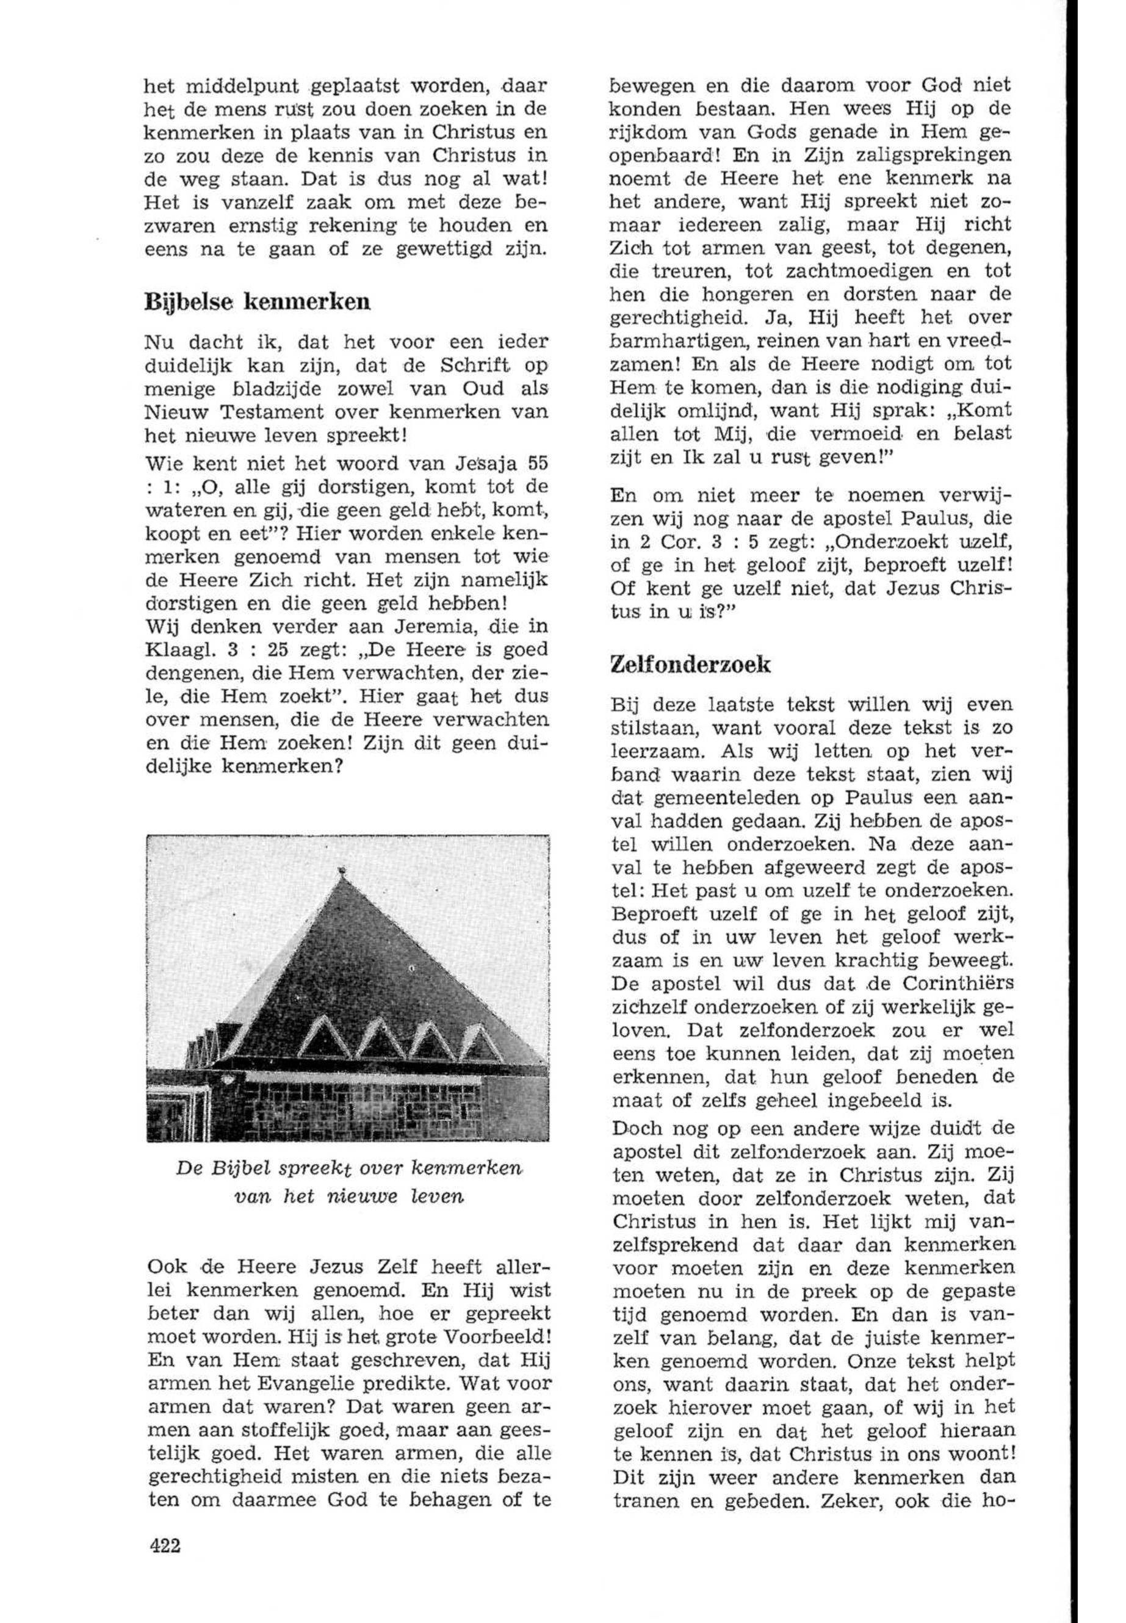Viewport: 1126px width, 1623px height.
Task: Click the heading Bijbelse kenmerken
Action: click(x=257, y=302)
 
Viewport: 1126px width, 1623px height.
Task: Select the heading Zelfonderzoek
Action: click(x=691, y=664)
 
